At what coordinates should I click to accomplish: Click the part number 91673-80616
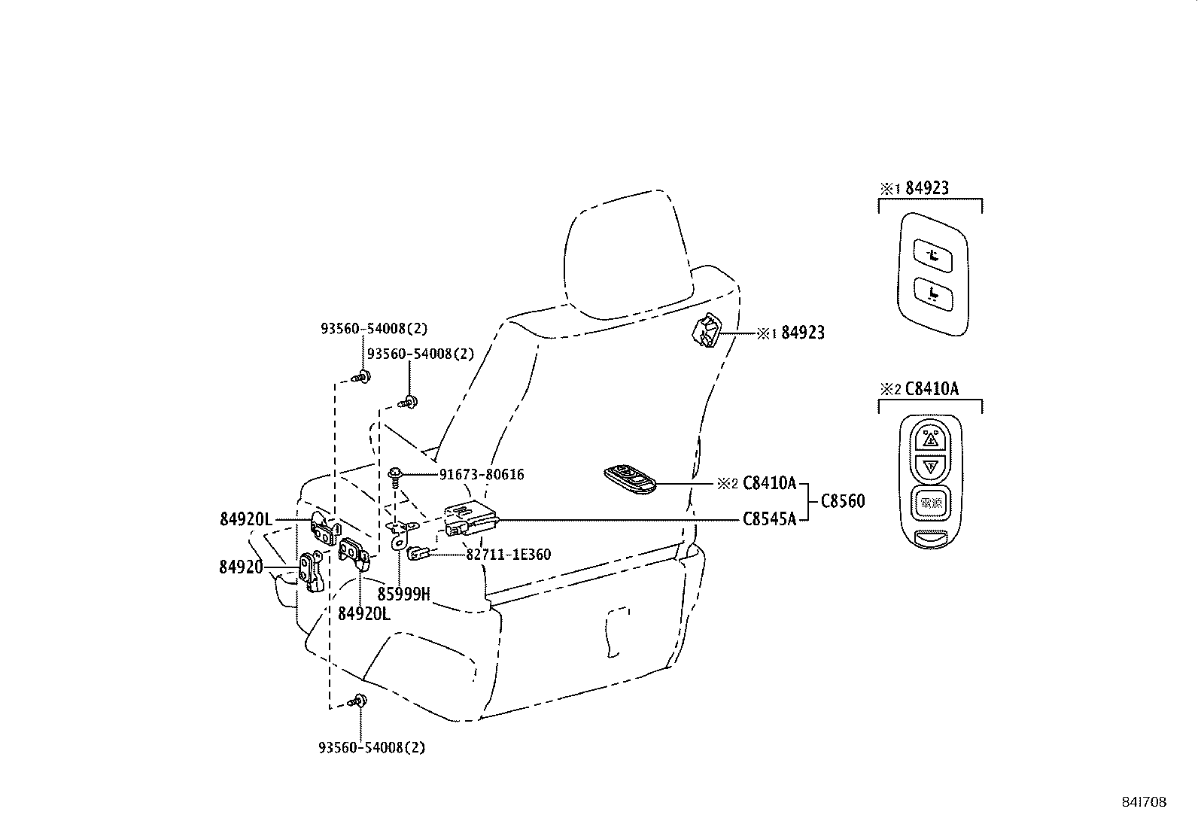click(482, 475)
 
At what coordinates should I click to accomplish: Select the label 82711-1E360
click(508, 555)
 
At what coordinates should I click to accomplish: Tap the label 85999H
click(403, 594)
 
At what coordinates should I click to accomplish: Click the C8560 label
click(842, 501)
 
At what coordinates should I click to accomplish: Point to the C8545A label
click(768, 519)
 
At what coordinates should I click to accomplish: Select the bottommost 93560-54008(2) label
click(372, 747)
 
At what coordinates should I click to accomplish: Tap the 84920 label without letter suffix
click(241, 567)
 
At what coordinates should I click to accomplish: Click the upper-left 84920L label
click(245, 519)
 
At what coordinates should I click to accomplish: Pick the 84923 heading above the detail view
click(926, 188)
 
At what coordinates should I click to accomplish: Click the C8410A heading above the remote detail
click(932, 389)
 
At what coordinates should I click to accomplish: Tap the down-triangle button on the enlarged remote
click(931, 467)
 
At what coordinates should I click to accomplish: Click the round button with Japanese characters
click(931, 503)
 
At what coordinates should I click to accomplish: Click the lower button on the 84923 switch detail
click(932, 292)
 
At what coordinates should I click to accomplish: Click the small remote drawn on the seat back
click(629, 477)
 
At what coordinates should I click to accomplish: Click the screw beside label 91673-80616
click(395, 475)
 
